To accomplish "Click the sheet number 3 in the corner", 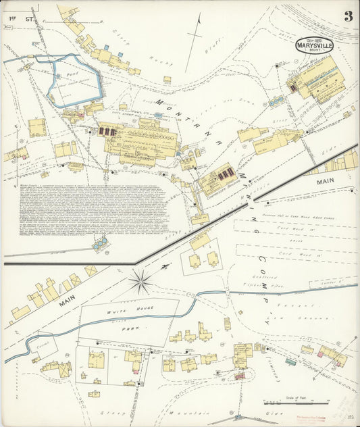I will (348, 16).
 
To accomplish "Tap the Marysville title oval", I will (313, 45).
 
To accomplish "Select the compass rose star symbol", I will (141, 282).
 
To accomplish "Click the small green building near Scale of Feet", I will (290, 362).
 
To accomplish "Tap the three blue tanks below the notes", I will (101, 243).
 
